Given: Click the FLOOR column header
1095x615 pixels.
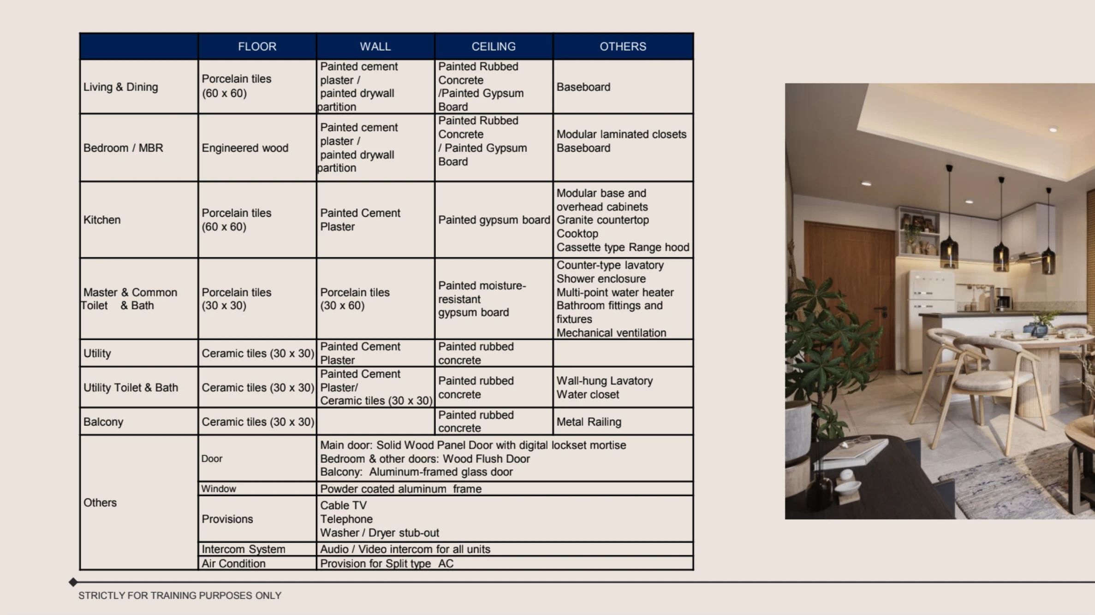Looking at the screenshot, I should point(257,47).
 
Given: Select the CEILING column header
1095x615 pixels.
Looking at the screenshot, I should point(493,47).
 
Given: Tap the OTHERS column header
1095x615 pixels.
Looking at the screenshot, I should point(623,47).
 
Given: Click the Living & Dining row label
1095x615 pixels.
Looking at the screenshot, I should point(120,87).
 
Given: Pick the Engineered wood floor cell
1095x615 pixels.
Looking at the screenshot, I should point(245,148).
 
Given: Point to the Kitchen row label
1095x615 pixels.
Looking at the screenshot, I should point(102,220).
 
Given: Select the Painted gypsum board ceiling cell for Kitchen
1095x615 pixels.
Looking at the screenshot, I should point(494,220).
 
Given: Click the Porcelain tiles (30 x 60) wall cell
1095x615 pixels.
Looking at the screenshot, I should point(355,299).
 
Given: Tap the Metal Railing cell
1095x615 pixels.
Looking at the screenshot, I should point(589,422).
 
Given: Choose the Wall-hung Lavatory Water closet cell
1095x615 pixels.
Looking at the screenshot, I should point(604,387).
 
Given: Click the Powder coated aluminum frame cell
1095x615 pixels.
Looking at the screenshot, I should point(400,489).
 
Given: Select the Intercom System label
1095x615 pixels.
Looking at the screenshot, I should point(243,549).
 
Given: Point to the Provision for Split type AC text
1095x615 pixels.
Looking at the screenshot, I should point(387,563).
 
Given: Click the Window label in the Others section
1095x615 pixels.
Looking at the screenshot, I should point(219,489).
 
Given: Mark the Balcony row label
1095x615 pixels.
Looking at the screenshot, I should point(103,422).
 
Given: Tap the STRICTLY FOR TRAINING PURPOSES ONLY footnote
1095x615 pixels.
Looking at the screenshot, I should point(180,596).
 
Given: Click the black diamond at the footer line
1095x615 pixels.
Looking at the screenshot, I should point(73,582).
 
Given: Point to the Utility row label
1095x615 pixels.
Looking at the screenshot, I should point(97,354).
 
